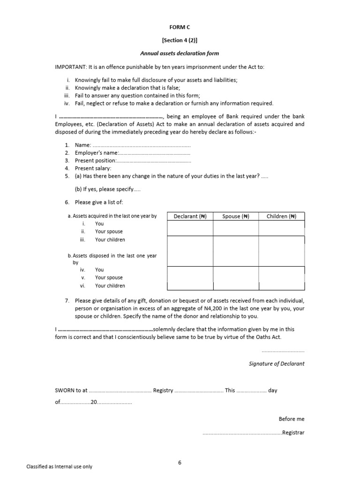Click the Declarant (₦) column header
[x=190, y=216]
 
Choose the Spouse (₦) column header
[x=235, y=216]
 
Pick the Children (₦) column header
[x=281, y=216]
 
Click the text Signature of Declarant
[x=276, y=364]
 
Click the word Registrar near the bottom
[x=293, y=433]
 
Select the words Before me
[x=291, y=419]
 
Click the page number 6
[x=180, y=463]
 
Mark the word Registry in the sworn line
[x=163, y=390]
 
